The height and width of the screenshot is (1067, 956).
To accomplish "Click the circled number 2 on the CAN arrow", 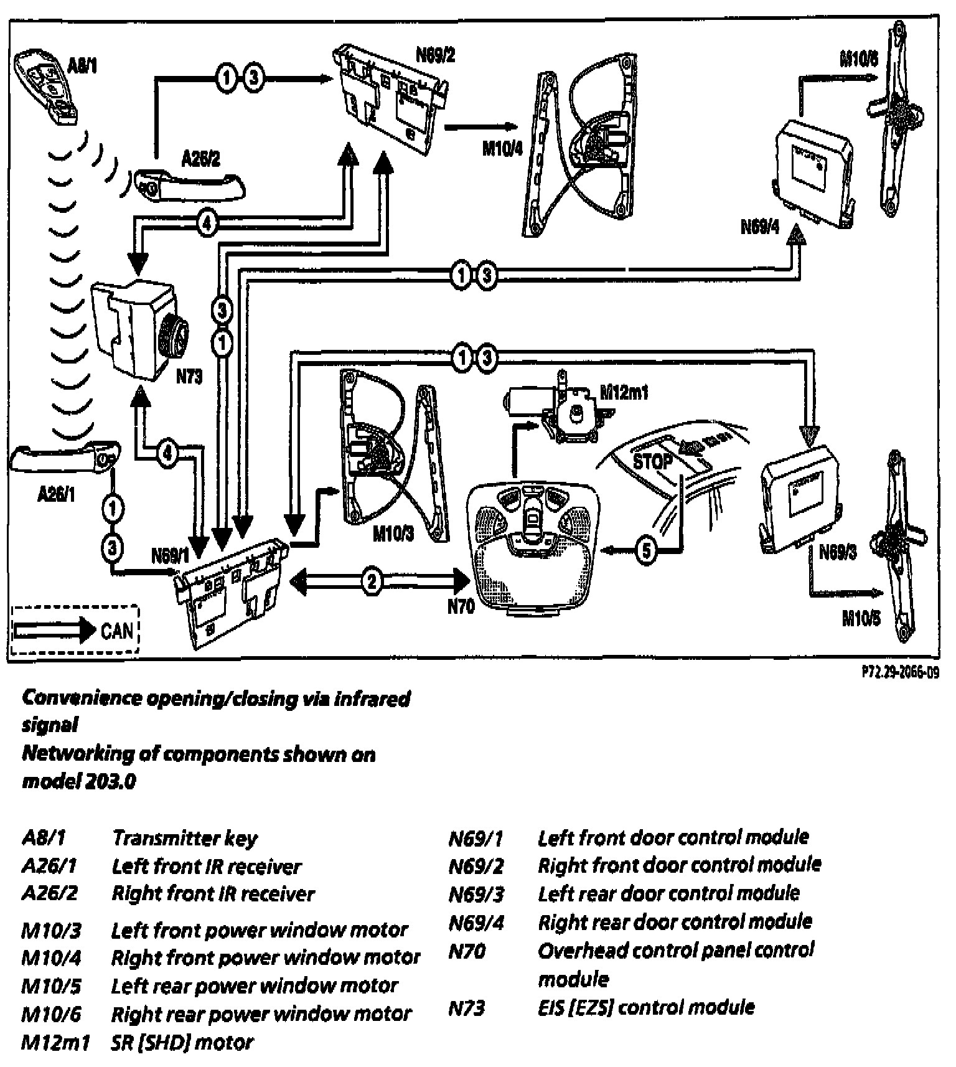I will click(x=372, y=581).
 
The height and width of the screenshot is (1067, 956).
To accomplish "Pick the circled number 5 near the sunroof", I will click(x=647, y=550).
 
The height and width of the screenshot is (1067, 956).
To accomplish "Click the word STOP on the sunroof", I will click(x=652, y=461).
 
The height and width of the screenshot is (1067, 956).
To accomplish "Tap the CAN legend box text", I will click(x=116, y=631).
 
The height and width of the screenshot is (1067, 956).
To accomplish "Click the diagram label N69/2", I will click(x=435, y=55).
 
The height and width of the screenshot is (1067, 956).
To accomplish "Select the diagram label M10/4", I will click(x=502, y=149).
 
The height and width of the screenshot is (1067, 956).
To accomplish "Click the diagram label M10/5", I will click(x=861, y=619).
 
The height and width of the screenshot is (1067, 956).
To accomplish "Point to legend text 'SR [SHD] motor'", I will click(x=182, y=1042).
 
